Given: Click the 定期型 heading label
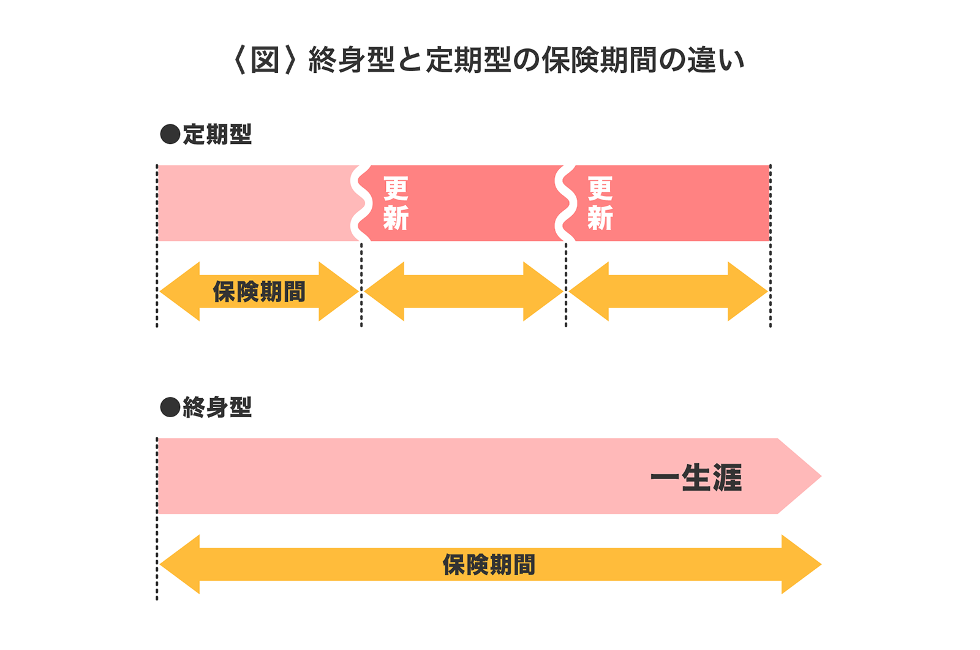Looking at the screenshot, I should tap(217, 134).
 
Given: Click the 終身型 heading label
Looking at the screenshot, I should tap(217, 407).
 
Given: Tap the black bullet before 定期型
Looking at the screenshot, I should tap(170, 134).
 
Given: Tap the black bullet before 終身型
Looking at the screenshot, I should tap(170, 407).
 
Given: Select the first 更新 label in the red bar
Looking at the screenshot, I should tap(396, 203).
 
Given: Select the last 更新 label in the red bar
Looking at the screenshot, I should tap(600, 203).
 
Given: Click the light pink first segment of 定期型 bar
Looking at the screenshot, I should tap(254, 203).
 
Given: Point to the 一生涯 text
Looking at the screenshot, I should tap(696, 477).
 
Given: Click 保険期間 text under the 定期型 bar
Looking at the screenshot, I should tap(259, 292).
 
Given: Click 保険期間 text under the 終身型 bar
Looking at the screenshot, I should tap(489, 564).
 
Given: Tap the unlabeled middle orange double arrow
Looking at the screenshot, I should tap(464, 292).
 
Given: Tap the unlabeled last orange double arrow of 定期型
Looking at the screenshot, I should tap(668, 292).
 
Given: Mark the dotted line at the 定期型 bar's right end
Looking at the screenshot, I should tap(770, 245).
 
